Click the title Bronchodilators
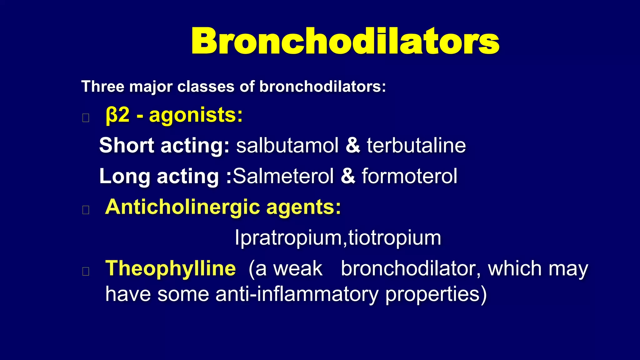coord(345,41)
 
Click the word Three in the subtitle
coord(102,87)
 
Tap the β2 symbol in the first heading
coord(117,115)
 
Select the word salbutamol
coord(287,146)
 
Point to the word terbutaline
coord(416,146)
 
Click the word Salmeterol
coord(283,176)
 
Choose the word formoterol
coord(409,176)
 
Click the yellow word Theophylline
coord(171,268)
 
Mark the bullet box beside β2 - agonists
coord(86,118)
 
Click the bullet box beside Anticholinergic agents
coord(86,210)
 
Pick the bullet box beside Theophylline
coord(86,271)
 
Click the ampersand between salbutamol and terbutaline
coord(353,146)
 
